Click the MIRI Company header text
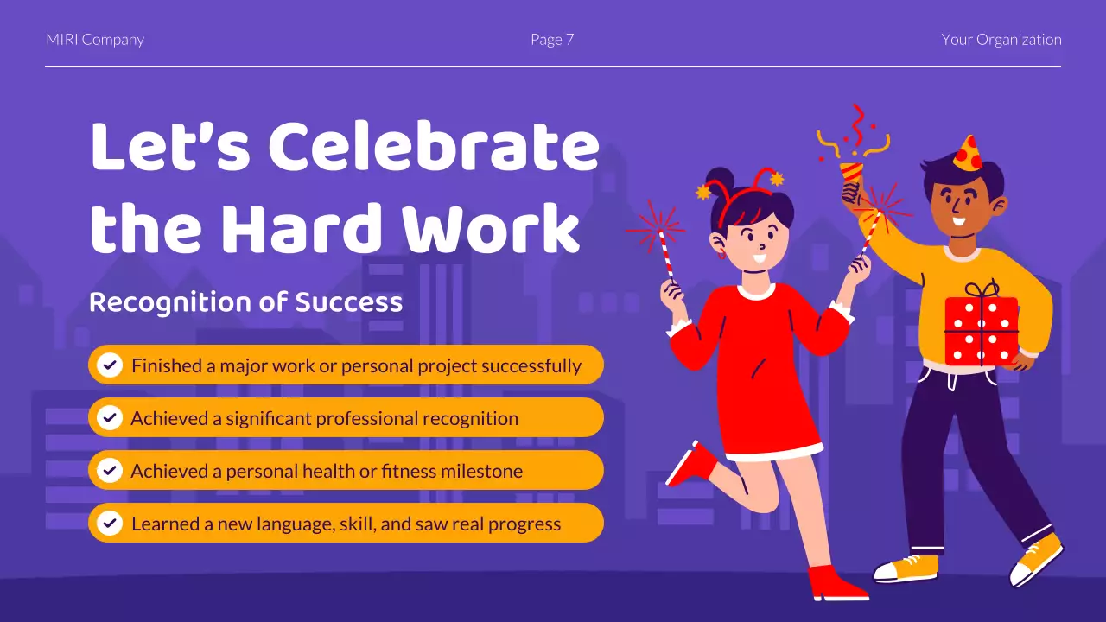tap(95, 40)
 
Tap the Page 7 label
tap(552, 40)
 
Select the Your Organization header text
tap(1001, 40)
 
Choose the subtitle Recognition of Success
tap(245, 302)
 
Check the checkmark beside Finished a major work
tap(110, 365)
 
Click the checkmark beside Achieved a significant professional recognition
tap(110, 418)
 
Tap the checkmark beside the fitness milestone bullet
tap(110, 471)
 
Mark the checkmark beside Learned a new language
tap(110, 524)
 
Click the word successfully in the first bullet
tap(531, 365)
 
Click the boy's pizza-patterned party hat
tap(968, 154)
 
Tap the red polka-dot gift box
tap(981, 330)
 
